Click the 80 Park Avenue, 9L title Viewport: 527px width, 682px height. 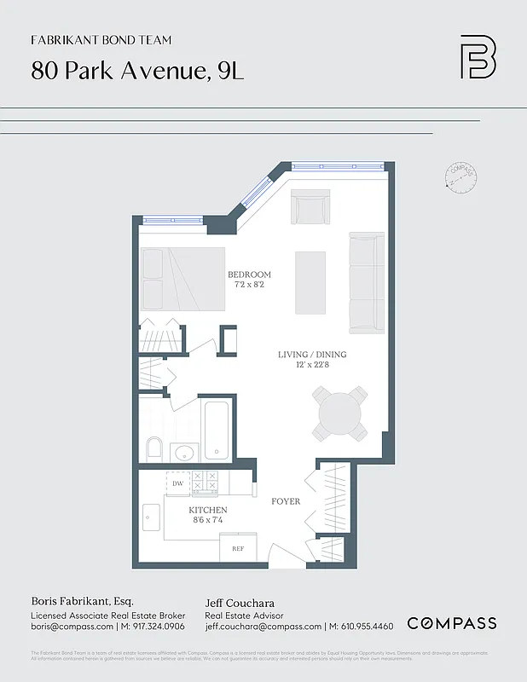tap(137, 71)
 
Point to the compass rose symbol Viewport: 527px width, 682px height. tap(460, 177)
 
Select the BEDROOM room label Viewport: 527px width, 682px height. tap(249, 275)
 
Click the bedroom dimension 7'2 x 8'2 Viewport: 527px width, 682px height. tap(249, 285)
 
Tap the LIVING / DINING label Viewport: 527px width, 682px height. tap(312, 355)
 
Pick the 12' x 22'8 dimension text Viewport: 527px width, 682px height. tap(312, 366)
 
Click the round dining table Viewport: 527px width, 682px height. tap(342, 413)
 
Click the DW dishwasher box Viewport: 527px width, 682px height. tap(177, 483)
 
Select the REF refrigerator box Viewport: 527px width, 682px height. tap(238, 548)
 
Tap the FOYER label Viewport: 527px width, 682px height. tap(286, 501)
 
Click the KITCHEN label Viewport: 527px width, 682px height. tap(208, 510)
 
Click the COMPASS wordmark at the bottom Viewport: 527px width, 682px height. tap(451, 623)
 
